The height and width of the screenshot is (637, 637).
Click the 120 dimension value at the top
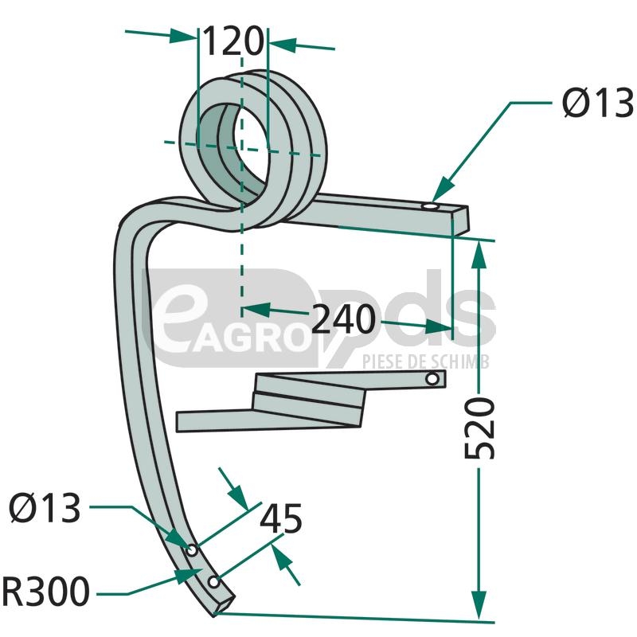[232, 41]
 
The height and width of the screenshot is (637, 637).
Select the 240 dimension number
[342, 320]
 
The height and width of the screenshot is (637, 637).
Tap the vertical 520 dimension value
[480, 428]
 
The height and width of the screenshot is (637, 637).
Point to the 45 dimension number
[281, 519]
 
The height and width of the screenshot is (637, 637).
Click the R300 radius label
[45, 593]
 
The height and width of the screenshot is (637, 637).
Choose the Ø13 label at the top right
[597, 104]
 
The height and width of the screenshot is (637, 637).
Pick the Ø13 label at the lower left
[45, 508]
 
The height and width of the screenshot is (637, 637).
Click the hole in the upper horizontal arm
[430, 208]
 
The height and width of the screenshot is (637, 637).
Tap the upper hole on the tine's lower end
[192, 550]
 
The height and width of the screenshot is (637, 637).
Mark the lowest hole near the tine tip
[214, 583]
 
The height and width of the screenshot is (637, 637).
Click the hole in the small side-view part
[432, 380]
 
